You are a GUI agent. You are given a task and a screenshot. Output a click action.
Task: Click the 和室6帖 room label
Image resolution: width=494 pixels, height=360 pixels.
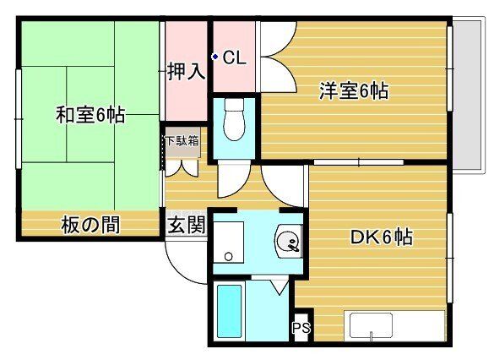coord(90,116)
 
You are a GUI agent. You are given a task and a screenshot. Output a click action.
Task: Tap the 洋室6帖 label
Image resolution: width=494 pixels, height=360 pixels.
coord(353,90)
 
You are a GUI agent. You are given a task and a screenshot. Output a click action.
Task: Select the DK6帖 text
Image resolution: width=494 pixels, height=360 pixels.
coord(381,237)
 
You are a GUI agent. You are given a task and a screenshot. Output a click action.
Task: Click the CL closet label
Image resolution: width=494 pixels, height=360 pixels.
coord(234,58)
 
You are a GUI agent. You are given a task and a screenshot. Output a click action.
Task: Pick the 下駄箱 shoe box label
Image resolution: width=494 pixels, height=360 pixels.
coord(182,141)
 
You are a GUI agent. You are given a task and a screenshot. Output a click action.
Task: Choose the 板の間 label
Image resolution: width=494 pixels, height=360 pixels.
coord(90,225)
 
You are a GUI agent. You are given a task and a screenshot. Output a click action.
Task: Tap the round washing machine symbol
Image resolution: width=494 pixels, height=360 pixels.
coord(289,244)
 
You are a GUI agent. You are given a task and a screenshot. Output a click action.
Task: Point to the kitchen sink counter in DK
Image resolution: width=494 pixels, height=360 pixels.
coord(394,325)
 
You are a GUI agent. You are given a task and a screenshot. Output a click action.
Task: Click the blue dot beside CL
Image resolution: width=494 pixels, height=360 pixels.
coord(215,57)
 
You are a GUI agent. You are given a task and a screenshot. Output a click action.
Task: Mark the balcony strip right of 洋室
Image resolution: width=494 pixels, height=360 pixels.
coord(463,93)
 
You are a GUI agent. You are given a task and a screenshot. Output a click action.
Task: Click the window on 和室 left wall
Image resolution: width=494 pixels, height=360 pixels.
coord(18,114)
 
